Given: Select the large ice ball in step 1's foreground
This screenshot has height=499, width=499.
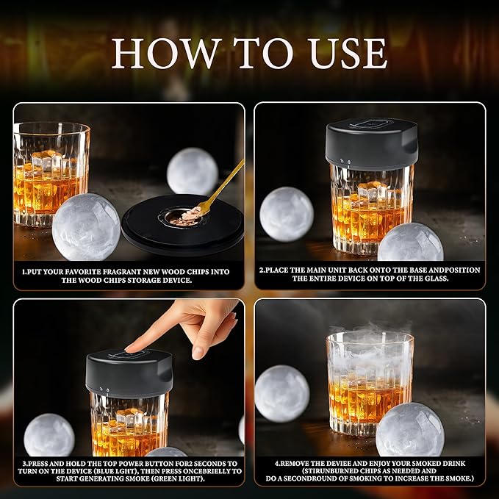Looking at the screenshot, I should click(86, 226).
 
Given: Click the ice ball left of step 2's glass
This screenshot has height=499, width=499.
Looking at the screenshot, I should click(286, 213).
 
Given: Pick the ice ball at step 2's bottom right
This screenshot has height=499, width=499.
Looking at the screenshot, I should click(410, 243).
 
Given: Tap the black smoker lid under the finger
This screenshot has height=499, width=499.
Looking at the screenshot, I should click(129, 371).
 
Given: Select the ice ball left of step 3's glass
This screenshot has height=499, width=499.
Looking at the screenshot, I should click(49, 435).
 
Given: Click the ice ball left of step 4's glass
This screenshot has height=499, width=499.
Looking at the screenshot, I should click(281, 393).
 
